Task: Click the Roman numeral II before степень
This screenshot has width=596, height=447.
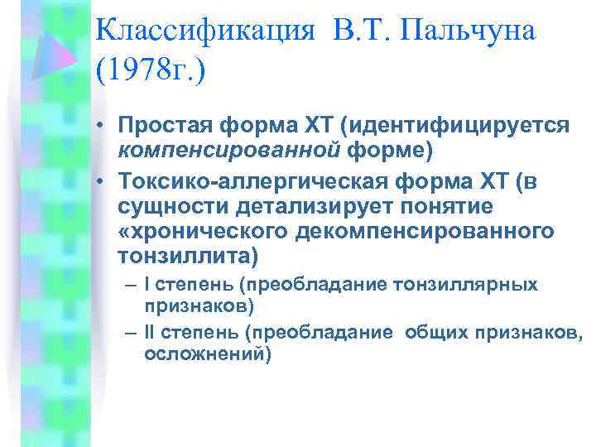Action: (x=150, y=334)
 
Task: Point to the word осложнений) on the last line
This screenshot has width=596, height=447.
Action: (x=208, y=353)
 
